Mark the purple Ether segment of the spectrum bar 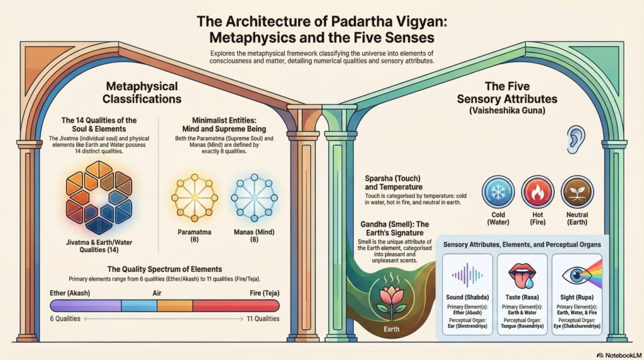[x=85, y=306]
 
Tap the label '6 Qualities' [x=65, y=319]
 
